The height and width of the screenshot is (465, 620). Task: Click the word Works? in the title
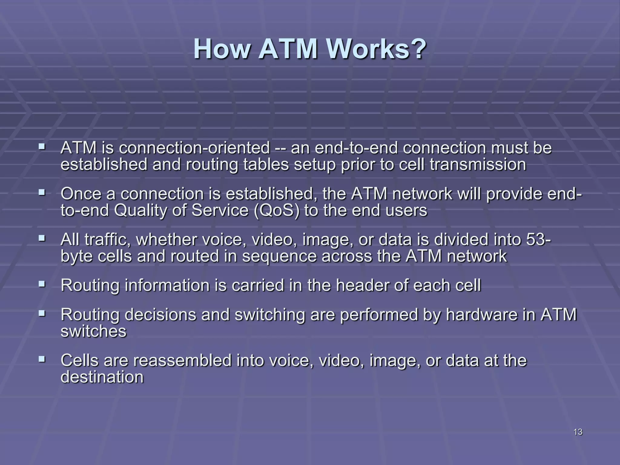pos(376,49)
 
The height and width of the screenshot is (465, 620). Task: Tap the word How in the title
pos(221,49)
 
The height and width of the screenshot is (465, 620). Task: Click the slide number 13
pos(578,432)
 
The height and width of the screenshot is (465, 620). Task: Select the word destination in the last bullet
pos(102,377)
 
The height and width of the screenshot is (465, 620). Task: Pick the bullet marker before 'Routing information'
pos(42,284)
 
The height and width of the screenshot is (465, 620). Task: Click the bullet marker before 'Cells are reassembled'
pos(42,359)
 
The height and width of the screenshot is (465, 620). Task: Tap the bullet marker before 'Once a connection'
pos(42,192)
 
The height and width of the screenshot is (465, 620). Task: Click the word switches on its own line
pos(94,331)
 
